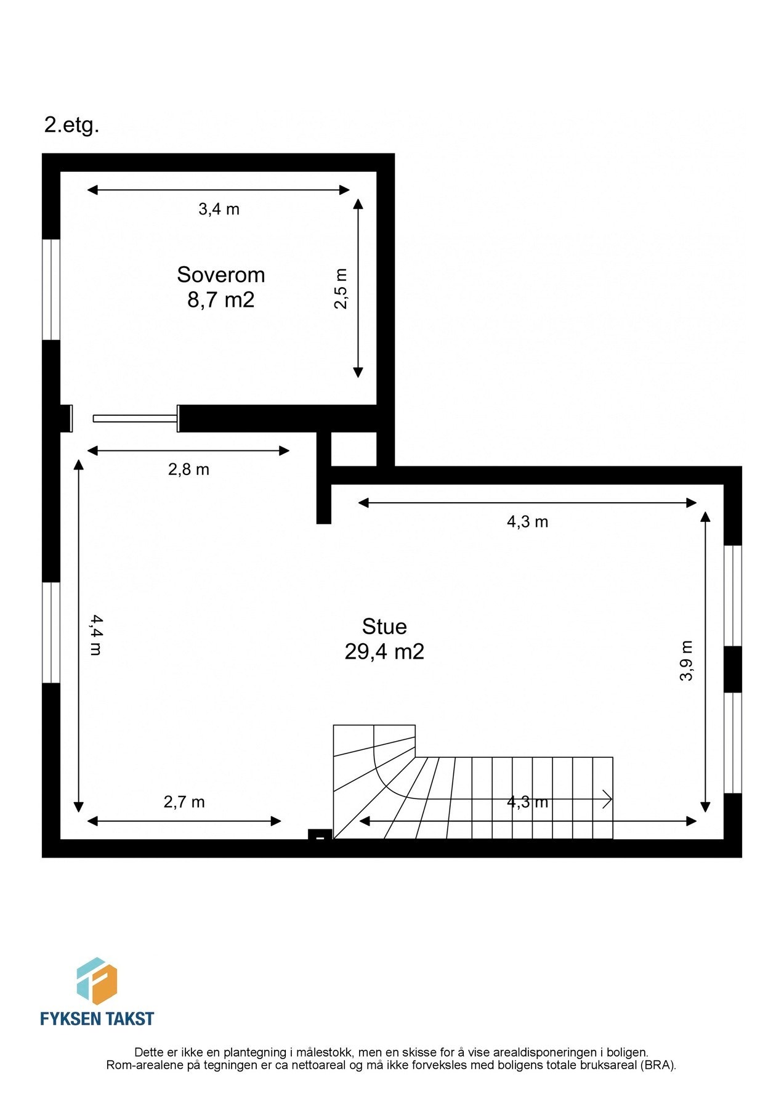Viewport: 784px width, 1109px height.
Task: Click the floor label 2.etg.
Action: pyautogui.click(x=71, y=126)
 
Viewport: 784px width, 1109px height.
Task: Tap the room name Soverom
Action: pyautogui.click(x=220, y=275)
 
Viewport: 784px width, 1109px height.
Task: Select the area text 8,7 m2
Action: pyautogui.click(x=220, y=300)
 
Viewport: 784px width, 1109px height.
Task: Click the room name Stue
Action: pyautogui.click(x=384, y=627)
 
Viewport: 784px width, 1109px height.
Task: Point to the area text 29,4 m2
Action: pyautogui.click(x=384, y=652)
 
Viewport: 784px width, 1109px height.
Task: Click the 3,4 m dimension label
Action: pyautogui.click(x=219, y=209)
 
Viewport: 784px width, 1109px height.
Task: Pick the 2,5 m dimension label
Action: pyautogui.click(x=341, y=289)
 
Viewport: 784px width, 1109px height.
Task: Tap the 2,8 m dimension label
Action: pyautogui.click(x=188, y=470)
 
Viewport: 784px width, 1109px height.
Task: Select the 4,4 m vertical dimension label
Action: pyautogui.click(x=95, y=635)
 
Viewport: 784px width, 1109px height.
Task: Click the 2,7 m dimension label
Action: pyautogui.click(x=184, y=802)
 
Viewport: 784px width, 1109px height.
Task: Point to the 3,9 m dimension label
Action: pyautogui.click(x=686, y=661)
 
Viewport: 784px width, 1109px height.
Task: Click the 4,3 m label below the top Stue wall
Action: pyautogui.click(x=527, y=522)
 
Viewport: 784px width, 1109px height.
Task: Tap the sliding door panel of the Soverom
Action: pyautogui.click(x=135, y=419)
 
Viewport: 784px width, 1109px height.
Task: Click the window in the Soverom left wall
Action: pyautogui.click(x=51, y=290)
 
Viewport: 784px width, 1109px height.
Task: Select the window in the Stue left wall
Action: pyautogui.click(x=51, y=633)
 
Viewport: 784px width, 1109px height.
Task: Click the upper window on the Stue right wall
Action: pyautogui.click(x=732, y=596)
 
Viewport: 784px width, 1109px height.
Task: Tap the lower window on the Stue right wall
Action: pyautogui.click(x=732, y=743)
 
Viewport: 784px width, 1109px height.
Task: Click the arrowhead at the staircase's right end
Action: pyautogui.click(x=608, y=800)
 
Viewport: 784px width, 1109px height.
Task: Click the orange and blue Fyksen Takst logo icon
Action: pyautogui.click(x=97, y=981)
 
